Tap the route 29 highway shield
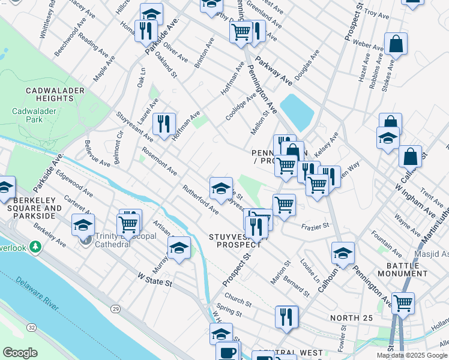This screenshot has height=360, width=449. tap(115, 309)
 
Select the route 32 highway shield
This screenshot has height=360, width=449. tap(31, 327)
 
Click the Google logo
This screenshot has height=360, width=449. tap(20, 353)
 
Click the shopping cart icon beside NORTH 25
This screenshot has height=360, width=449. tap(403, 302)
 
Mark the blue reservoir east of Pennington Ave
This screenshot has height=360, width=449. tap(297, 112)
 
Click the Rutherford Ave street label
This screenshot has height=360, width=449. tap(200, 199)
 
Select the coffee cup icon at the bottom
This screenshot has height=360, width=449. tap(227, 352)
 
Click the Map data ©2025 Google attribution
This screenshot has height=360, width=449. tap(411, 355)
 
